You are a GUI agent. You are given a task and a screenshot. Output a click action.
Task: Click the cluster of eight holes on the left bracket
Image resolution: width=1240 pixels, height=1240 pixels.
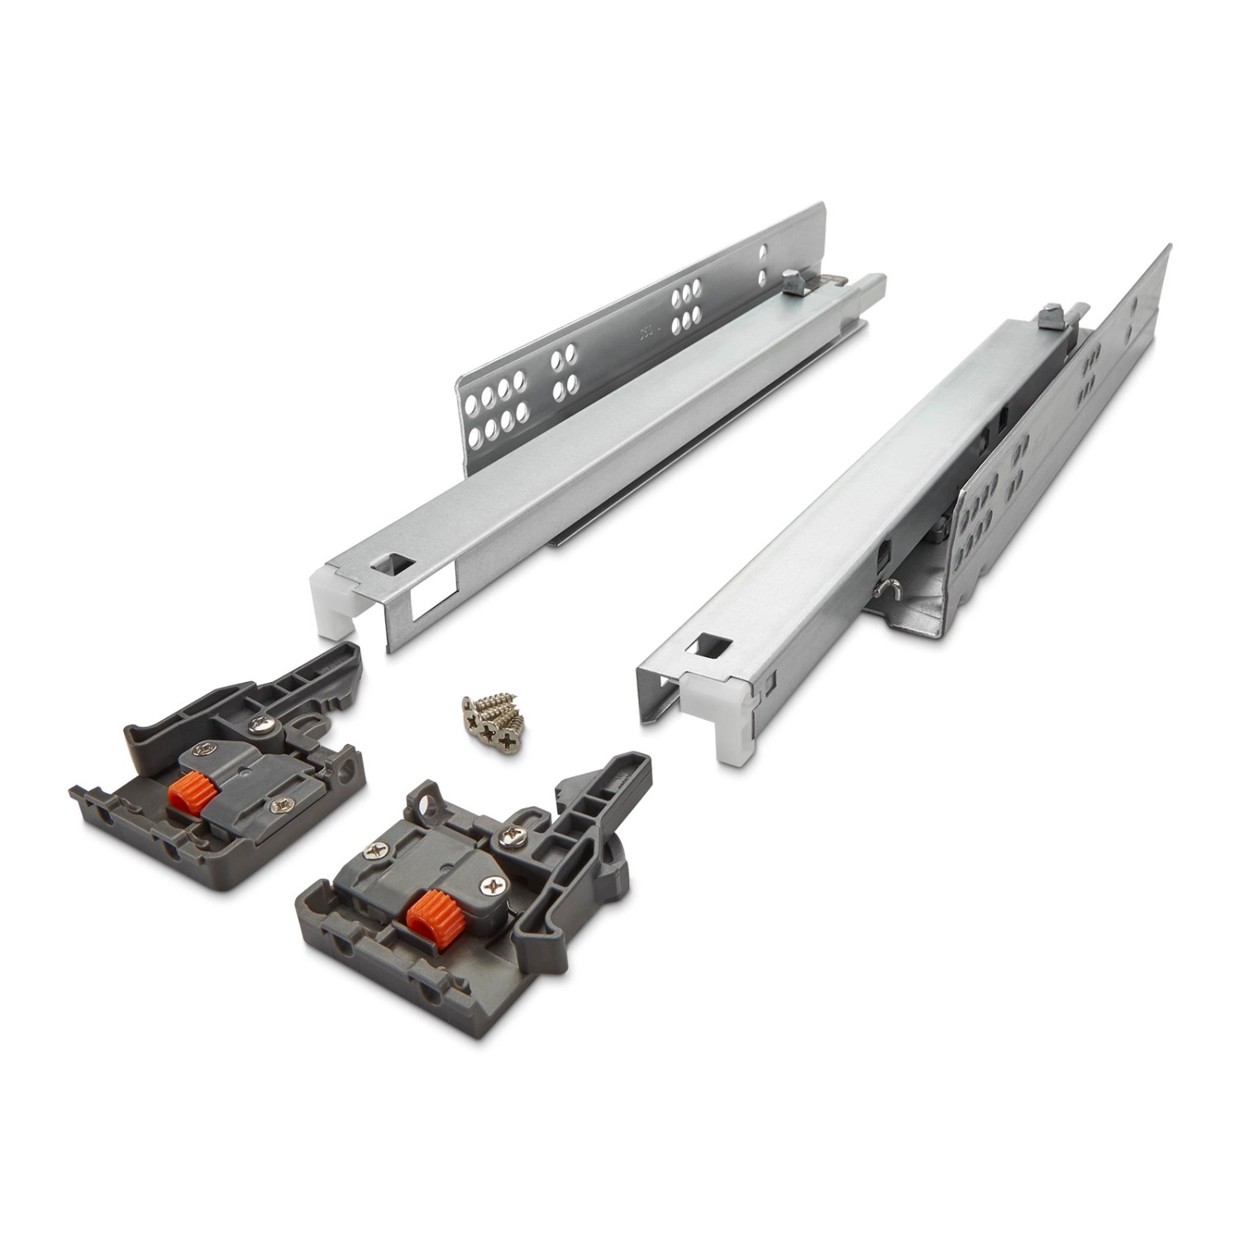(494, 406)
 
